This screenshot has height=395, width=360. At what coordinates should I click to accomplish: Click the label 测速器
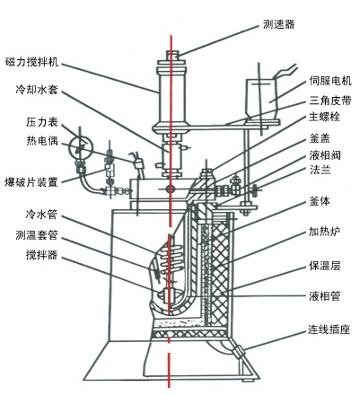click(279, 24)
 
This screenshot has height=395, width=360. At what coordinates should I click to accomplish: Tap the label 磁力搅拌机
click(32, 62)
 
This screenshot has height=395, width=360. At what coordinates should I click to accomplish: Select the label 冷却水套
click(37, 90)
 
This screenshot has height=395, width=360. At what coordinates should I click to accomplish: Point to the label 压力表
click(42, 122)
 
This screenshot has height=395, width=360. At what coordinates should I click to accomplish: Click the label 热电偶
click(42, 140)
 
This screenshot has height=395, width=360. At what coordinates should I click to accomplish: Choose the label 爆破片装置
click(31, 181)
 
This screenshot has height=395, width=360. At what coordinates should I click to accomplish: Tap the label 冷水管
click(41, 215)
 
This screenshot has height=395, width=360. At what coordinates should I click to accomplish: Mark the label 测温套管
click(37, 235)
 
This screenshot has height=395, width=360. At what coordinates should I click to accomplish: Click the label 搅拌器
click(41, 255)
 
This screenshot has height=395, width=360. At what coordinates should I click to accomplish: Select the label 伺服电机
click(330, 81)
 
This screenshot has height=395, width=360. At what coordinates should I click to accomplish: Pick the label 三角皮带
click(330, 101)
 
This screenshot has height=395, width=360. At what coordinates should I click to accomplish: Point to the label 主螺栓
click(325, 117)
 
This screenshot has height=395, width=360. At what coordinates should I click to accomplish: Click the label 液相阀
click(325, 155)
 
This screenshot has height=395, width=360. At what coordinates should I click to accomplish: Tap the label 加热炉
click(325, 232)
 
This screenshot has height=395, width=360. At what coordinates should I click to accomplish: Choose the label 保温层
click(325, 266)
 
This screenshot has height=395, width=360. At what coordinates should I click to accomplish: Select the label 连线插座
click(329, 329)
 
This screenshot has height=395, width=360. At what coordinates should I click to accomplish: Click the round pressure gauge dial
click(81, 147)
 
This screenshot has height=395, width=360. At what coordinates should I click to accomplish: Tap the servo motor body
click(261, 99)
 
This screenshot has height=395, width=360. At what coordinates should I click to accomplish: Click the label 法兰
click(320, 170)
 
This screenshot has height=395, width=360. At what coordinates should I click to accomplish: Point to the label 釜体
click(320, 201)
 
